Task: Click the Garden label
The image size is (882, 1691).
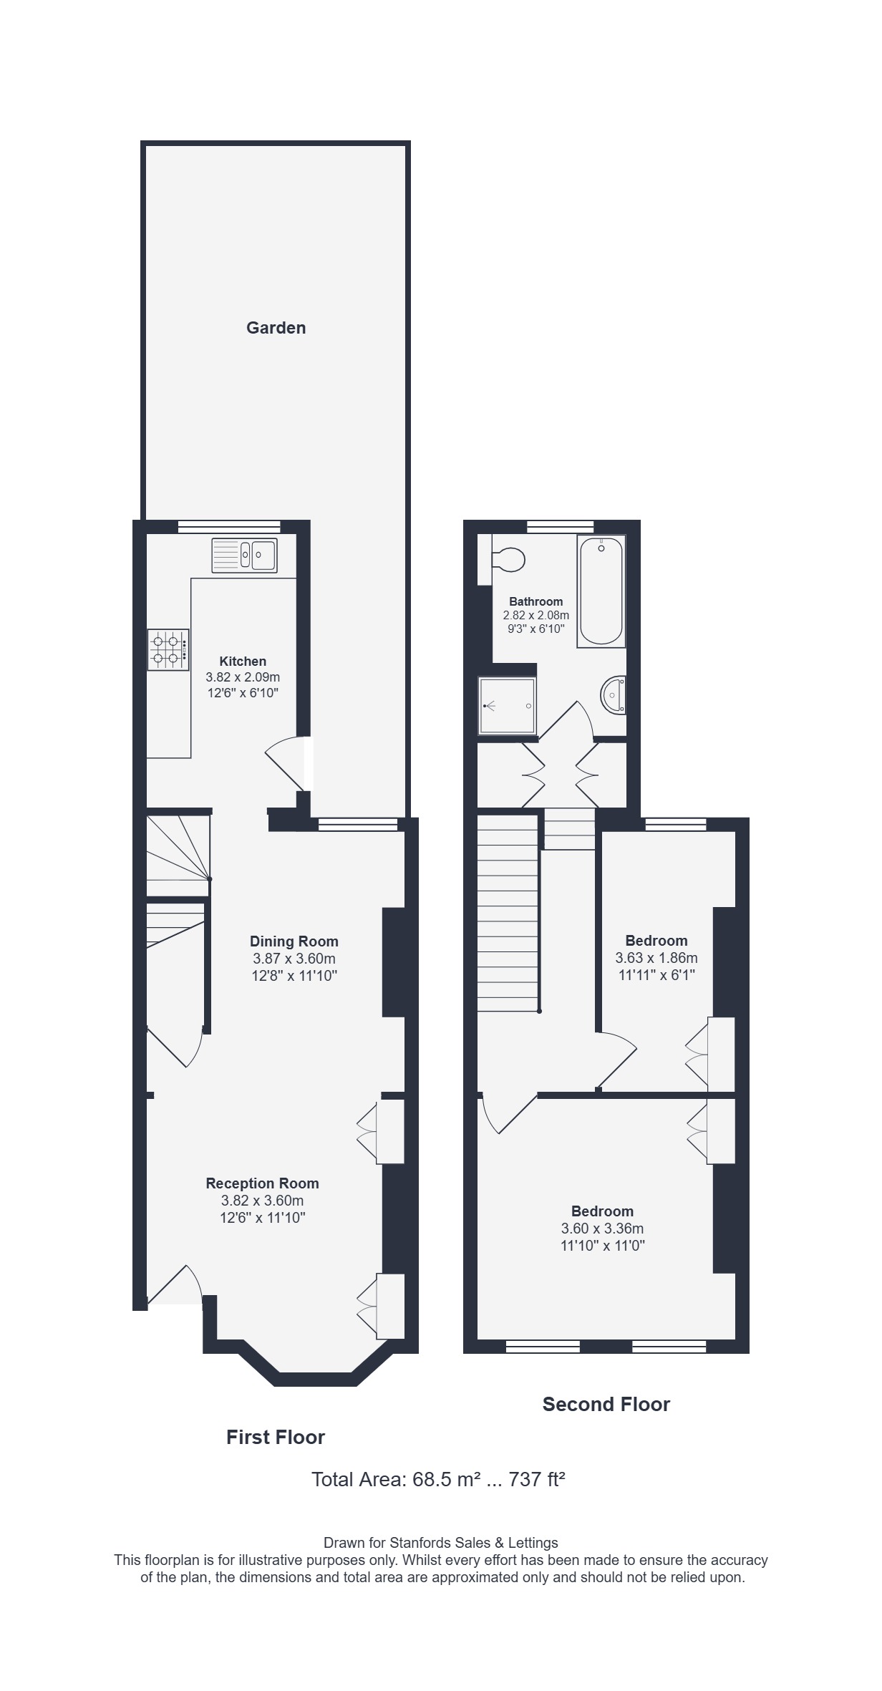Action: pyautogui.click(x=276, y=328)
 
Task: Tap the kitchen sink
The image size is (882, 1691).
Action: pyautogui.click(x=244, y=556)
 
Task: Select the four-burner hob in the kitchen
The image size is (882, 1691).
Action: pyautogui.click(x=169, y=649)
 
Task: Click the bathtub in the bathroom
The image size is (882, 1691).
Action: pyautogui.click(x=601, y=591)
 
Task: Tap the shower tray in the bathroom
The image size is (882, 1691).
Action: pyautogui.click(x=508, y=706)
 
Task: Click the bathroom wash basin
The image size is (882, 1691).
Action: pyautogui.click(x=614, y=694)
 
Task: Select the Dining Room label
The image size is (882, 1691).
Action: pyautogui.click(x=294, y=941)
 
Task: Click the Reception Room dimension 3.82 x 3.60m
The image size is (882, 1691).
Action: pyautogui.click(x=262, y=1201)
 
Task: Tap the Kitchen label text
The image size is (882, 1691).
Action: pyautogui.click(x=243, y=662)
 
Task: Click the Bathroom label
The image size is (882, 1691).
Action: pyautogui.click(x=536, y=601)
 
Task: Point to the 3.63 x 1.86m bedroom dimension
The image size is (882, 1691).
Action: pyautogui.click(x=656, y=958)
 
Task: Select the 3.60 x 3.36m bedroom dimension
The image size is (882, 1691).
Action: pyautogui.click(x=602, y=1229)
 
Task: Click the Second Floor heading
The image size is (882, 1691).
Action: pyautogui.click(x=606, y=1405)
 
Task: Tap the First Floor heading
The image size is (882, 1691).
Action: pyautogui.click(x=276, y=1437)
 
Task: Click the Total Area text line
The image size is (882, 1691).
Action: pyautogui.click(x=438, y=1479)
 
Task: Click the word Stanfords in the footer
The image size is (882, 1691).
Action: pyautogui.click(x=429, y=1543)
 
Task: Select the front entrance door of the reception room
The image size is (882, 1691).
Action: pyautogui.click(x=175, y=1285)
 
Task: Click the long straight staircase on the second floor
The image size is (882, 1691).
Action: pyautogui.click(x=508, y=913)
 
